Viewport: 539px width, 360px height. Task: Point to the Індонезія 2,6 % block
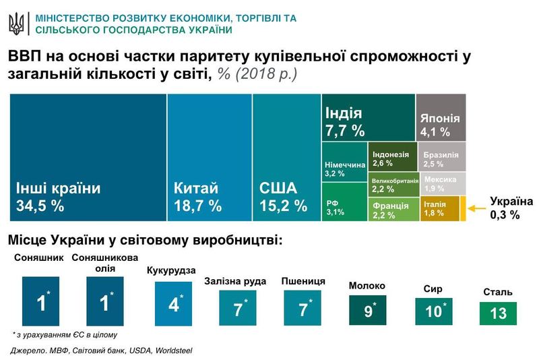(x=392, y=156)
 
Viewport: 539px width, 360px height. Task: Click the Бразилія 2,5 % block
(x=442, y=156)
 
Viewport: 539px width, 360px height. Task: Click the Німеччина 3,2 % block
(x=344, y=167)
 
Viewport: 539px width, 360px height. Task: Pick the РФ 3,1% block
(x=344, y=206)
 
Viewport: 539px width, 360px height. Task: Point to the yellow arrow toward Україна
(x=476, y=208)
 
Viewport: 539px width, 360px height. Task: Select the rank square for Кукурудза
(x=174, y=303)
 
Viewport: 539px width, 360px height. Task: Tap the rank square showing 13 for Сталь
(x=498, y=313)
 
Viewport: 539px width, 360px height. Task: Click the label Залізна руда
(x=235, y=281)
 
